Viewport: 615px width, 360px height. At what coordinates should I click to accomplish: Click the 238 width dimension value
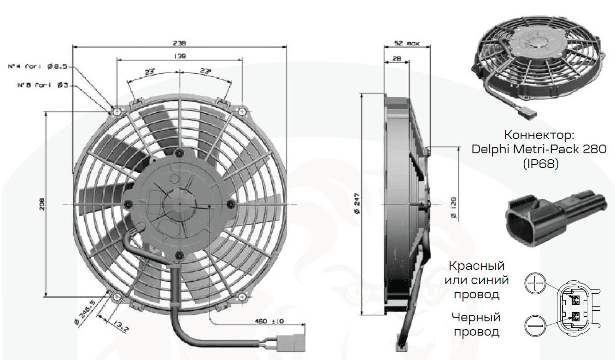[x=179, y=43]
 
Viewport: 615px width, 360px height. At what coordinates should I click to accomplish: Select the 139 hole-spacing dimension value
[x=180, y=56]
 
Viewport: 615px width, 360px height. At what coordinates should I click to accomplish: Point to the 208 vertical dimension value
[x=42, y=204]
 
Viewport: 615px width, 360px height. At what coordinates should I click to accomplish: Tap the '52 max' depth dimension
[x=407, y=43]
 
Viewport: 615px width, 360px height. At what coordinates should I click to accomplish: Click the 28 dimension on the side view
[x=397, y=58]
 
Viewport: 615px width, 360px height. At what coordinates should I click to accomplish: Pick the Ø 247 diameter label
[x=357, y=203]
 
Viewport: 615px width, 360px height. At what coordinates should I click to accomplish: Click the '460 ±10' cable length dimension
[x=269, y=321]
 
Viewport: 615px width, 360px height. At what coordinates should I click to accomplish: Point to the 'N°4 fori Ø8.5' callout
[x=37, y=66]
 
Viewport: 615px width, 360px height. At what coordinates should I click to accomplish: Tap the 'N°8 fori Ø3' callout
[x=42, y=85]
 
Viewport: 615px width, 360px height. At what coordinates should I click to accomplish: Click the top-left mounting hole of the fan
[x=117, y=112]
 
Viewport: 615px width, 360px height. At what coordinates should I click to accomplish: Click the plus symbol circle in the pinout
[x=535, y=283]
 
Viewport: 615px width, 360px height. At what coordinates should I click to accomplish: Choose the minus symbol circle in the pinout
[x=535, y=325]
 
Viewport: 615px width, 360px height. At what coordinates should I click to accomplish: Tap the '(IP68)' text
[x=541, y=164]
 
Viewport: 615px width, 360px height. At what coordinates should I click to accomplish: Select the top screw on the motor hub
[x=180, y=153]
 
